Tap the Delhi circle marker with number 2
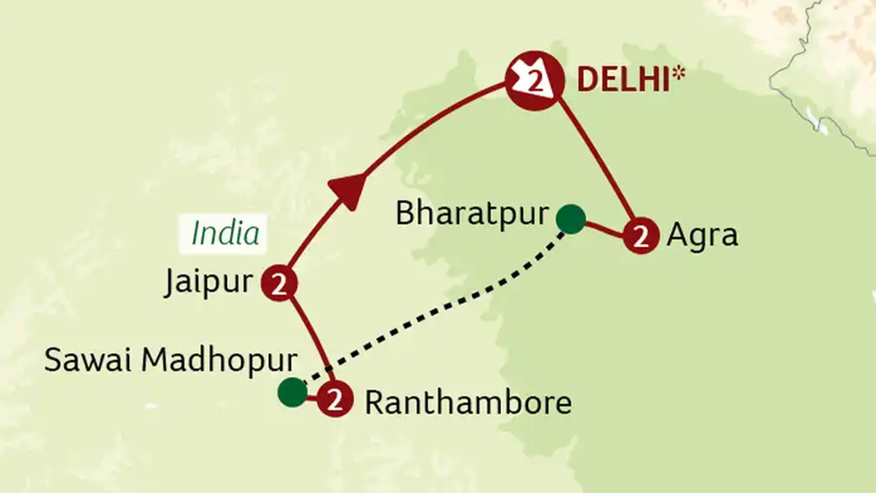pos(534,81)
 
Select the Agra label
pos(702,236)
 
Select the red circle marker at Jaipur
pos(279,284)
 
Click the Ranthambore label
pos(468,402)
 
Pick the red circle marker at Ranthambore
pos(335,400)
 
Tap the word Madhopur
pos(219,361)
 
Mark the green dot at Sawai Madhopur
pos(292,392)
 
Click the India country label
pos(225,233)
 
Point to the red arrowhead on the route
pos(348,189)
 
